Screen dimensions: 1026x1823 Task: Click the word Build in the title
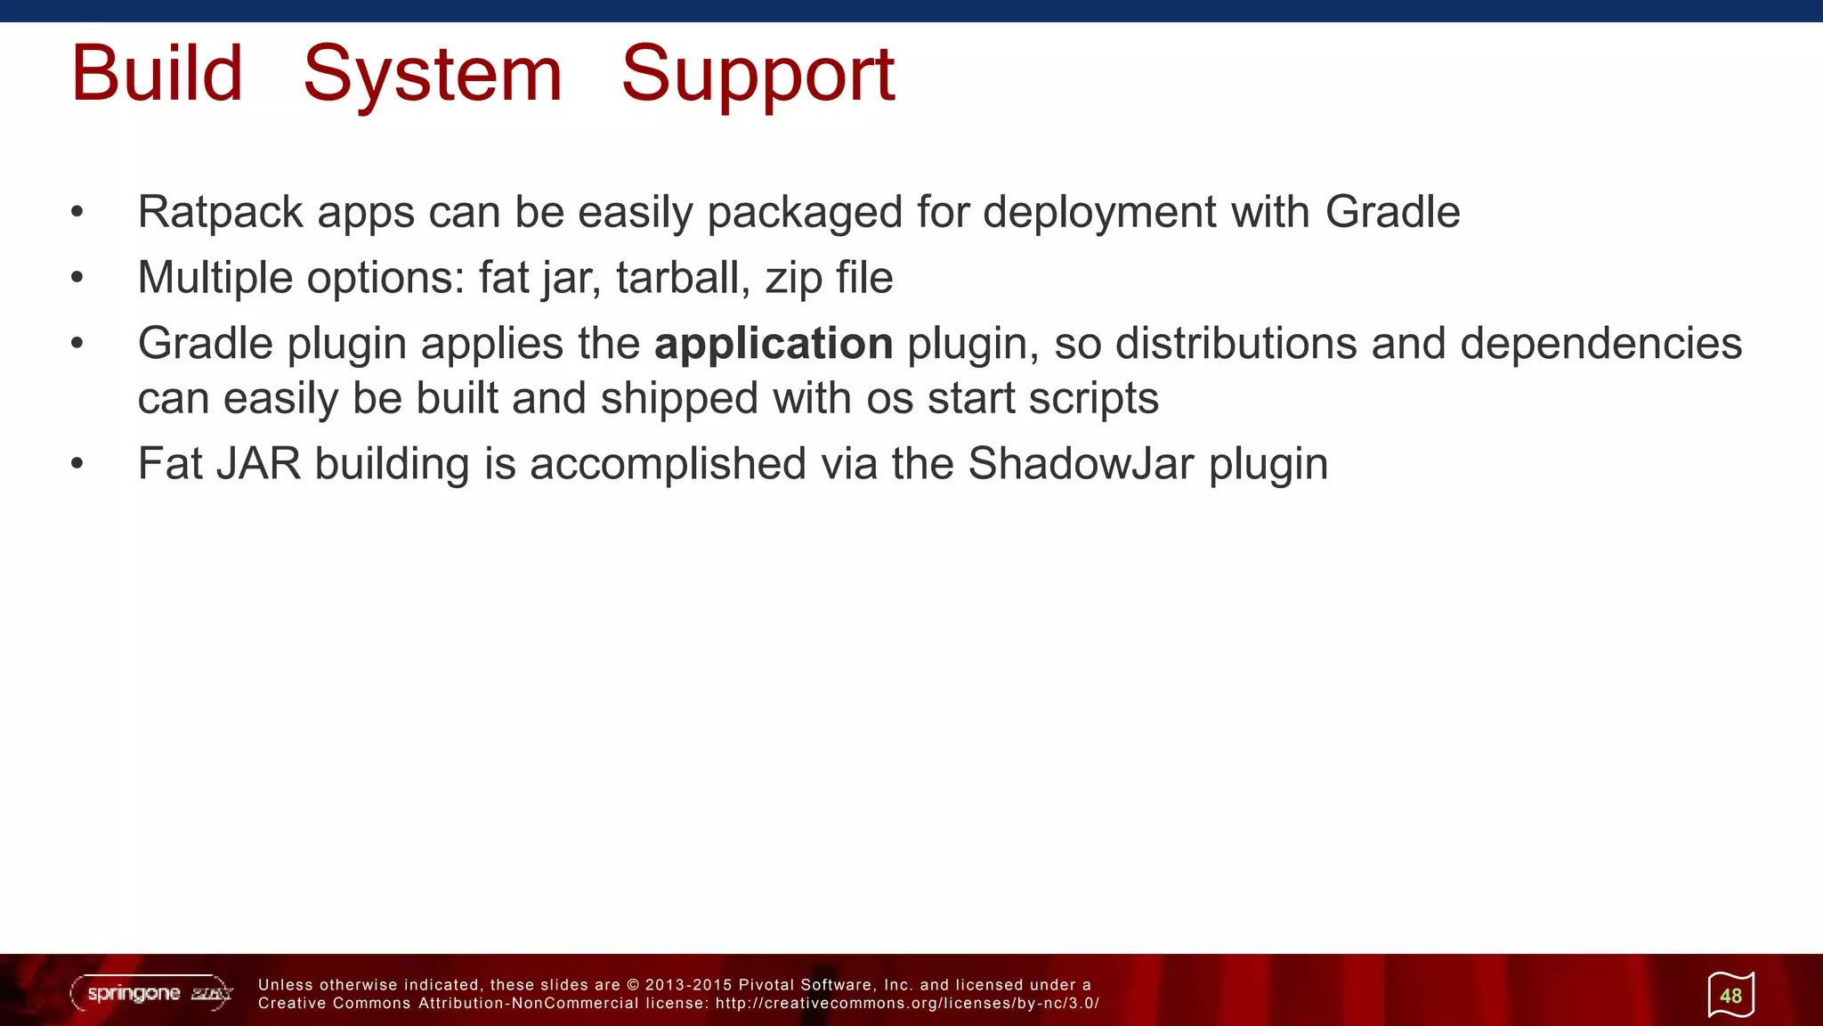157,73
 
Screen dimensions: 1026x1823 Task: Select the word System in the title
433,73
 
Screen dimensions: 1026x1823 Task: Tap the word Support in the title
758,75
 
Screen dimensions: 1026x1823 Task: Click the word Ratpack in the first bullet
220,212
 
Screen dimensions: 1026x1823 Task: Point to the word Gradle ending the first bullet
1392,212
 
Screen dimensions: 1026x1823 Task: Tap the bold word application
774,344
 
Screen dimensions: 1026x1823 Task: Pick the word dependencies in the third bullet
1600,344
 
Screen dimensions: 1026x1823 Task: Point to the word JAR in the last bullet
258,463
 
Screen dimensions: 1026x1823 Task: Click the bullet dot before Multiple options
77,278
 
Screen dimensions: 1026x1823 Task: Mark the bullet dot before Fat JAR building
77,464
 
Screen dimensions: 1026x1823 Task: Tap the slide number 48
1730,996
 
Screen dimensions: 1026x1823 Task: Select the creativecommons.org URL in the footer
907,1004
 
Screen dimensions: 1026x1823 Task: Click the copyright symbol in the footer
633,985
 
